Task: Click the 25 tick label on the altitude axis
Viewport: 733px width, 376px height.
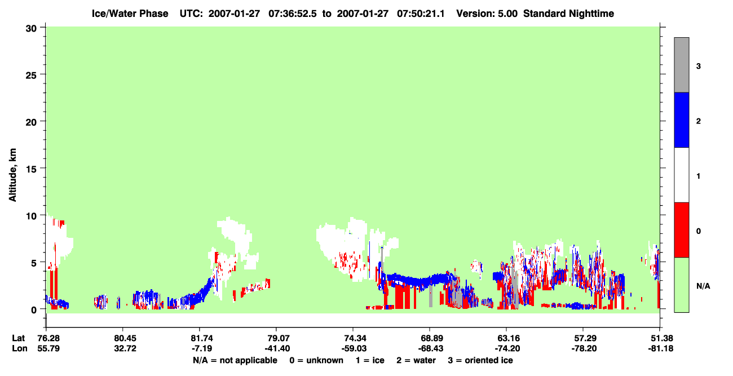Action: tap(31, 76)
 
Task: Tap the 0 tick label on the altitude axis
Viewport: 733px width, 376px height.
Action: tap(34, 310)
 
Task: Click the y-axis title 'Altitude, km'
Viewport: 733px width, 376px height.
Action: tap(12, 175)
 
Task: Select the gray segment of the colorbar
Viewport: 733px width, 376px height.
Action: tap(681, 65)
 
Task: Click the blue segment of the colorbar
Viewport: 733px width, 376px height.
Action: tap(681, 120)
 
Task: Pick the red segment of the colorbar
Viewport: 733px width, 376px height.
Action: tap(681, 230)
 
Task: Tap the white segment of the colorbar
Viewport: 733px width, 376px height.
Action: tap(681, 175)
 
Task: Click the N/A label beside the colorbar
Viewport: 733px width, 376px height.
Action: tap(703, 286)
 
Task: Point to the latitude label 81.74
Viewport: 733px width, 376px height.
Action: tap(202, 338)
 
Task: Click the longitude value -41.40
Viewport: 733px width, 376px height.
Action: tap(277, 348)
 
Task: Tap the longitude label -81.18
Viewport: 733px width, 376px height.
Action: tap(660, 348)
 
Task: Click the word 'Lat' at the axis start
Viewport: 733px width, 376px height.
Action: tap(18, 338)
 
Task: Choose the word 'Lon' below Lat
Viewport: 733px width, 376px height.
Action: tap(20, 348)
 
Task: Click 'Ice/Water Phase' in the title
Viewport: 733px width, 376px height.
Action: tap(130, 14)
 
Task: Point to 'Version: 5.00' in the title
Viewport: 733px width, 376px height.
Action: tap(487, 14)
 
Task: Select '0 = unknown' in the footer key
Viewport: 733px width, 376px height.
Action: tap(316, 360)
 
